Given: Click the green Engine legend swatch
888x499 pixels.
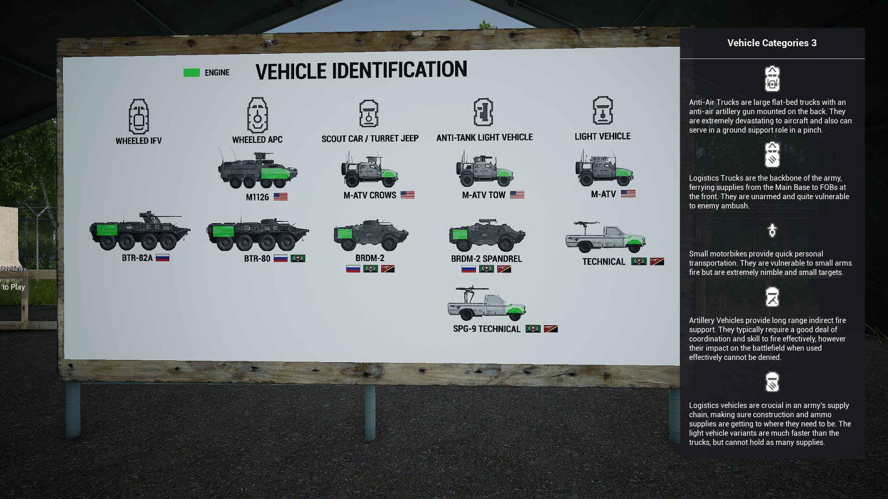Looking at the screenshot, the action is [191, 73].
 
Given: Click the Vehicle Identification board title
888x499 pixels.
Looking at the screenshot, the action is [361, 70].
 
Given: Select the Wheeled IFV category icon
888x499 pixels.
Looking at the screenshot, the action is [139, 116].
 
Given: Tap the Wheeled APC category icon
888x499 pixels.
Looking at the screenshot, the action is [258, 115].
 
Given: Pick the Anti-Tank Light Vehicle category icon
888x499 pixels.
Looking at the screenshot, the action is [483, 112].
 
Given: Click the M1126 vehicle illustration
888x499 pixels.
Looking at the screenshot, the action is [258, 170].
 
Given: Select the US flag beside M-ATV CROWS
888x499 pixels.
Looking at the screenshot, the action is [407, 195].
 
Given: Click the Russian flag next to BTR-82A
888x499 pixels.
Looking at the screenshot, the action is [162, 258].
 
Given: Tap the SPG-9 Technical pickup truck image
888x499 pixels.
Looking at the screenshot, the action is [487, 304].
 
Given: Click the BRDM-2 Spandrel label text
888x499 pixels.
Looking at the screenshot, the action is [487, 259].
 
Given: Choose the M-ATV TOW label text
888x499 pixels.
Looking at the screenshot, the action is [484, 195].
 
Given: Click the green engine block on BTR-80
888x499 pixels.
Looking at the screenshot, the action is [223, 231].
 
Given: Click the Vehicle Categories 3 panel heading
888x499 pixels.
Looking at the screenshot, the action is [772, 43].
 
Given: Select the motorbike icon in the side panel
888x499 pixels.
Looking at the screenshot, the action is [772, 230].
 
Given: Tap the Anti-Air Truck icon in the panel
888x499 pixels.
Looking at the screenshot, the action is [772, 79].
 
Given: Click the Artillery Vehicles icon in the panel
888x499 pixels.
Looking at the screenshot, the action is [772, 297].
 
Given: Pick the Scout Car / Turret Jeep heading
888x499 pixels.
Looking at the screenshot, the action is [370, 139].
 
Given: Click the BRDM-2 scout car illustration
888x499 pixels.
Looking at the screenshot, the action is [371, 235].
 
